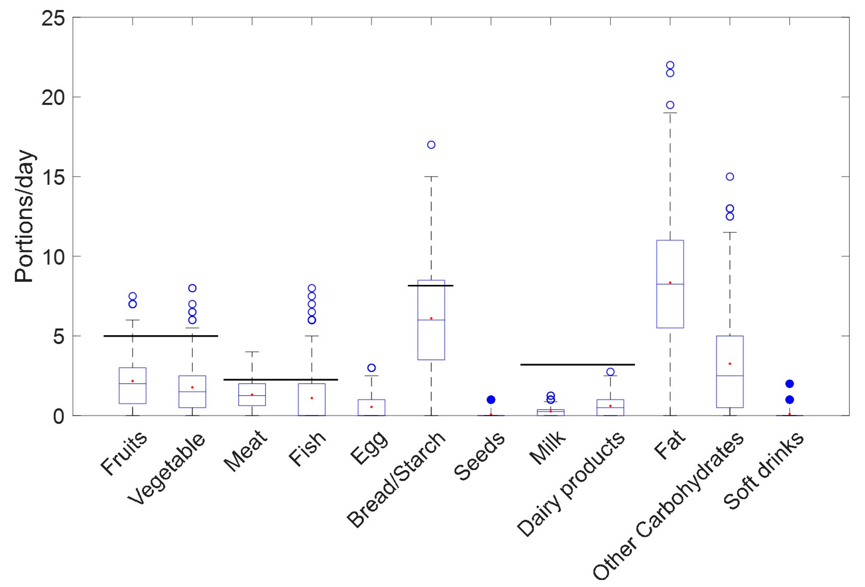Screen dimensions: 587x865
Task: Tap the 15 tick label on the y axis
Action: [x=53, y=177]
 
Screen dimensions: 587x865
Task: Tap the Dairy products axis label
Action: [x=571, y=484]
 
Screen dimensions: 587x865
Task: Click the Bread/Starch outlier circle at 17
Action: [x=431, y=145]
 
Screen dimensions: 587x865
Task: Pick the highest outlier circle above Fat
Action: [x=670, y=65]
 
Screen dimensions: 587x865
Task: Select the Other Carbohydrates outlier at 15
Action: [x=730, y=176]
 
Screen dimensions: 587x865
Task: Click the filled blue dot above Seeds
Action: [x=491, y=399]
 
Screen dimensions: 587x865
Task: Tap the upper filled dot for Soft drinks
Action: [x=789, y=384]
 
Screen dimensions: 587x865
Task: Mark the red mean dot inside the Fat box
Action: [x=670, y=283]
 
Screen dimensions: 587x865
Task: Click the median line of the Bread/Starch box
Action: [x=431, y=320]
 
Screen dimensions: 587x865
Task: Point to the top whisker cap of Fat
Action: [x=670, y=113]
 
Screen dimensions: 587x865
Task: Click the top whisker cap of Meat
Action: [x=252, y=351]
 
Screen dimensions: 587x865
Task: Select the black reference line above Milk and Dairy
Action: [x=577, y=364]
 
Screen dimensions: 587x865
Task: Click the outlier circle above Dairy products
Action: [x=610, y=372]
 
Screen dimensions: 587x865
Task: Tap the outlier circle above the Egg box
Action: [x=371, y=368]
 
